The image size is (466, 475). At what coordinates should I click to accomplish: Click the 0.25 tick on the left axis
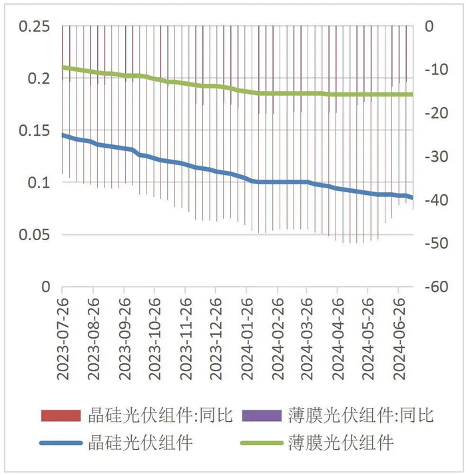click(36, 26)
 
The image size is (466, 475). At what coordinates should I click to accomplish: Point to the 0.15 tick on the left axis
click(36, 130)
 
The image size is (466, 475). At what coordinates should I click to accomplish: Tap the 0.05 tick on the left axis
click(36, 235)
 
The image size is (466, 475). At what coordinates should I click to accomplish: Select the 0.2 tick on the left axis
click(40, 79)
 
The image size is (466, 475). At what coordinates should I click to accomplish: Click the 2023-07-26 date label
click(63, 338)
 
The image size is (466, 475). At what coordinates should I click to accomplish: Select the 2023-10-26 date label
click(154, 338)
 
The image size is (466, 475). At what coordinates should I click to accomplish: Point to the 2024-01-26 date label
click(246, 338)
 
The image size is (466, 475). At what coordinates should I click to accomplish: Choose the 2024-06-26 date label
click(398, 338)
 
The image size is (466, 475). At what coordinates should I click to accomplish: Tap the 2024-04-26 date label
click(337, 338)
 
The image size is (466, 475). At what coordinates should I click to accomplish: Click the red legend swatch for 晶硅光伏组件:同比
click(60, 416)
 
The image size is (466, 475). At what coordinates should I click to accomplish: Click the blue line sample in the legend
click(60, 442)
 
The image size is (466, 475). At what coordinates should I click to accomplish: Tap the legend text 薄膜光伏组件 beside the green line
click(341, 442)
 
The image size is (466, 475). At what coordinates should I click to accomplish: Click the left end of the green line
click(63, 67)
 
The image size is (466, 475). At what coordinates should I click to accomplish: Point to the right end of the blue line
click(412, 198)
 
